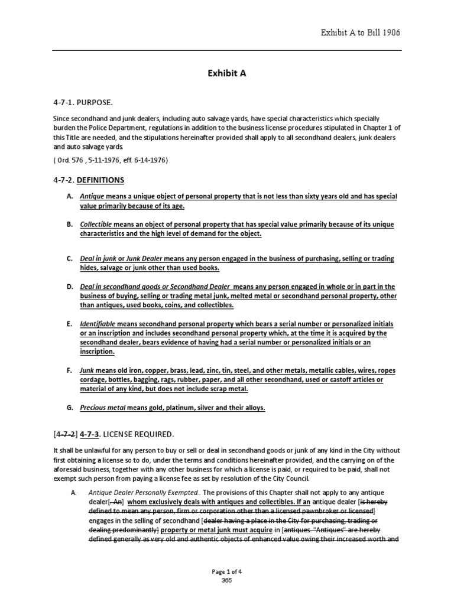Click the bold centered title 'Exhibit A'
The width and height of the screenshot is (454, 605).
tap(226, 74)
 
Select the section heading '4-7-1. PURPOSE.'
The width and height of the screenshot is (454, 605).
tap(82, 103)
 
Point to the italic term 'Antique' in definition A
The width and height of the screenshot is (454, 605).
tap(92, 196)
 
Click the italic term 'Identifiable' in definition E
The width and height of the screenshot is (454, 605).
tap(98, 324)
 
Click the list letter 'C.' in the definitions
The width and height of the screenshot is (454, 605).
tap(70, 259)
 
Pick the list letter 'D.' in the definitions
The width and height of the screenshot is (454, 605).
tap(70, 287)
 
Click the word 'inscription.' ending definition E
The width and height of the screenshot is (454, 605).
tap(98, 352)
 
